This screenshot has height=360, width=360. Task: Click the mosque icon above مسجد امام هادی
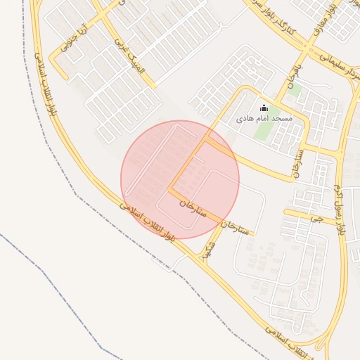(264, 108)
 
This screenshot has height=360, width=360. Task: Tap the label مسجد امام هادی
(264, 119)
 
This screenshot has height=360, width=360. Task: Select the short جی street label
(315, 219)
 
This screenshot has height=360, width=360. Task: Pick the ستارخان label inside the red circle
(191, 207)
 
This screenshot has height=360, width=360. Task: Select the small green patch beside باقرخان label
(295, 90)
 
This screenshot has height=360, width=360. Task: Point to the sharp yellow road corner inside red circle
(169, 188)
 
